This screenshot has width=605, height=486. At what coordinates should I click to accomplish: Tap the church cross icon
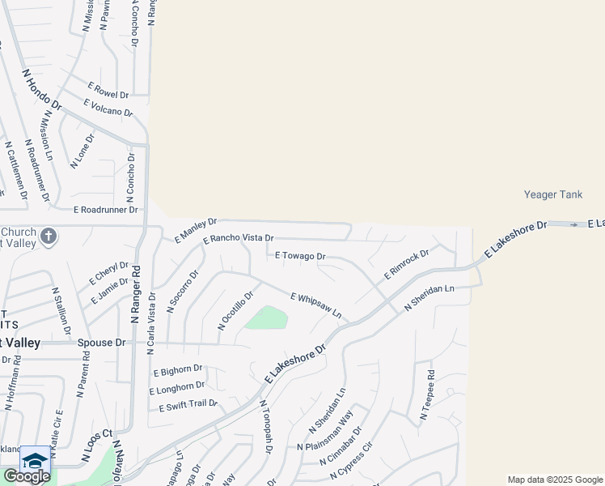tap(49, 237)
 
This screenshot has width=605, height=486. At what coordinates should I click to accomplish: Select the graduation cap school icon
tap(35, 461)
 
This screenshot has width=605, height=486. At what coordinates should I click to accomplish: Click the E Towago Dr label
tap(300, 256)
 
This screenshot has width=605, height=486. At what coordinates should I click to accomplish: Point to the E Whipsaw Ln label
tap(315, 305)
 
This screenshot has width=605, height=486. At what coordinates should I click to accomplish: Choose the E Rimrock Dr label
tap(405, 265)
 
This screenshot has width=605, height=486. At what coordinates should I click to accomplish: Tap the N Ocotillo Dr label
tap(236, 310)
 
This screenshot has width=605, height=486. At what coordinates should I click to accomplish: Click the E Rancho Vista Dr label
tap(239, 239)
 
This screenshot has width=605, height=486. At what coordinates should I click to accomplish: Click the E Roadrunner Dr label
tap(106, 209)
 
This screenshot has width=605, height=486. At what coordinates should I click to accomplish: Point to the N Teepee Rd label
tap(427, 396)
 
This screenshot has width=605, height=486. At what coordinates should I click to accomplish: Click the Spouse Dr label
tap(102, 343)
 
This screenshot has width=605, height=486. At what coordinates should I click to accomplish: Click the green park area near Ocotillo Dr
tap(268, 318)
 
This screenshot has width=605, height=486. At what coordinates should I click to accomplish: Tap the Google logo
tap(26, 476)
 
